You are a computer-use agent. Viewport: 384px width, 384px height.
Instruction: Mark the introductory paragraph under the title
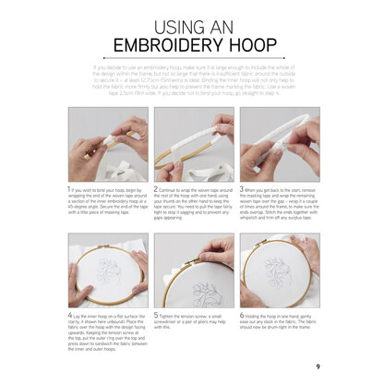click(193, 81)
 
